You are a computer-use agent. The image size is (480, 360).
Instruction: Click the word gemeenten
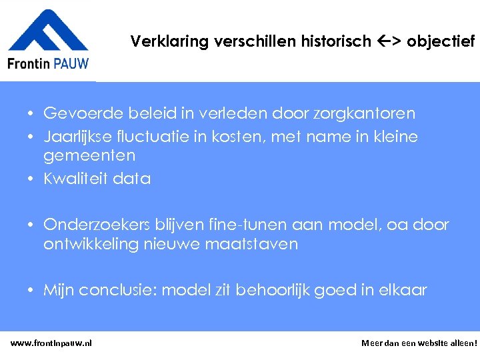pyautogui.click(x=89, y=155)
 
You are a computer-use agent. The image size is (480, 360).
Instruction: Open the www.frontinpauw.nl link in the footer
pyautogui.click(x=51, y=343)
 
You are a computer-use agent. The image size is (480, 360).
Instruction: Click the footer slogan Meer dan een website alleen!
pyautogui.click(x=419, y=343)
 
